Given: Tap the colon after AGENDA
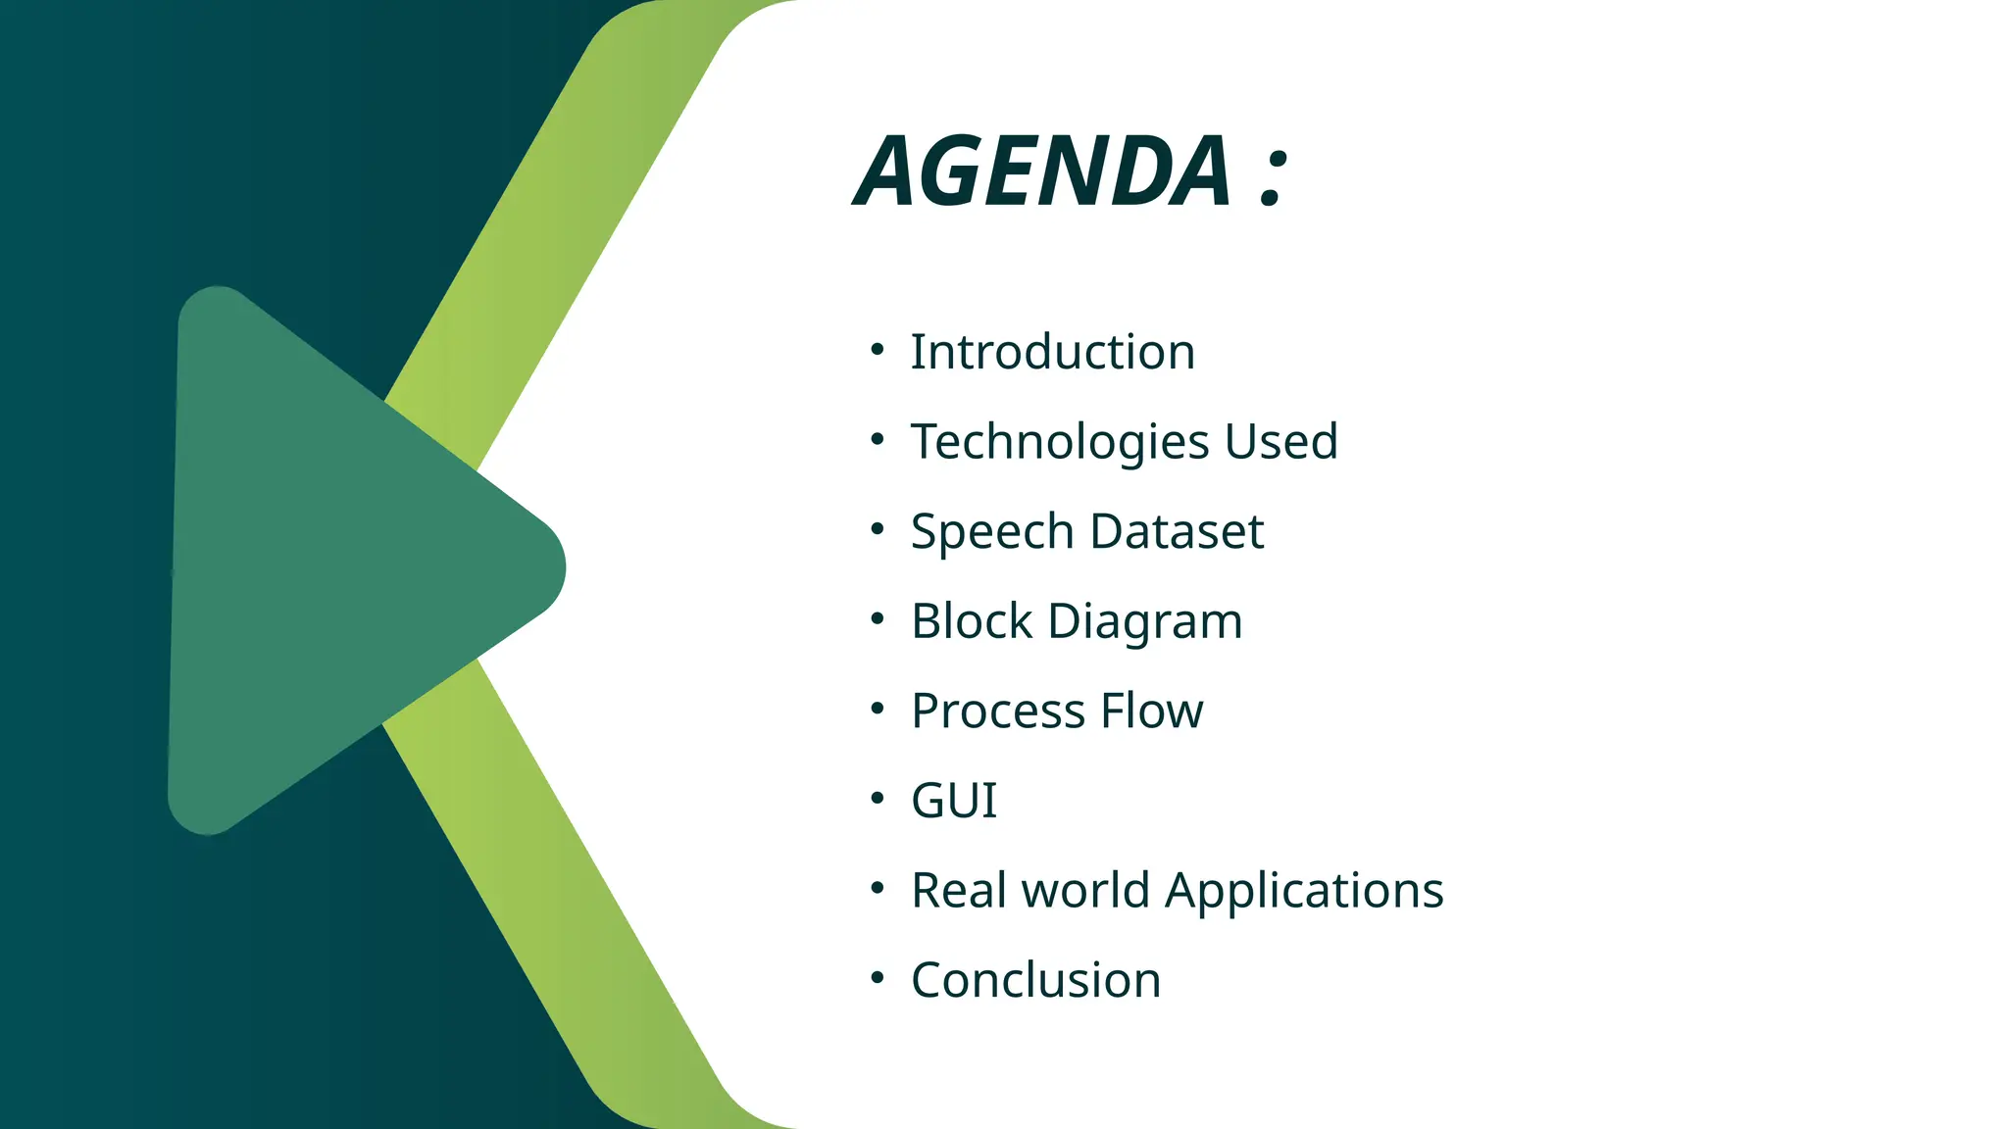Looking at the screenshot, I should (1272, 177).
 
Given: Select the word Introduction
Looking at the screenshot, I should (1052, 352).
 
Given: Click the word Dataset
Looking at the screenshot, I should (1176, 531).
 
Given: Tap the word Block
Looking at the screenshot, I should (972, 621).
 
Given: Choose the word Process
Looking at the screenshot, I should (997, 711).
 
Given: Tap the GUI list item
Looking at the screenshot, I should (953, 801).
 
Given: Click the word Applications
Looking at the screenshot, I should (1304, 891).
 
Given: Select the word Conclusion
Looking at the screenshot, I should (1035, 980).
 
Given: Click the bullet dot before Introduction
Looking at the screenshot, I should (877, 350).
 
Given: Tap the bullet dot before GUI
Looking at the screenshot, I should (877, 799).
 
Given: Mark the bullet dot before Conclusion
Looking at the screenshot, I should (877, 978).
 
